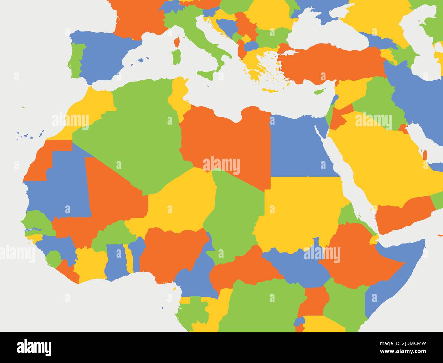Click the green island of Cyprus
tap(319, 91)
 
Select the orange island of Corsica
tap(177, 42)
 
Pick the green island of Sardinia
tap(176, 57)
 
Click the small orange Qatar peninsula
tap(425, 155)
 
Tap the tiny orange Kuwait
tap(403, 128)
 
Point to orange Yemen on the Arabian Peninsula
tap(402, 215)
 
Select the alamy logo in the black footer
tap(34, 347)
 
